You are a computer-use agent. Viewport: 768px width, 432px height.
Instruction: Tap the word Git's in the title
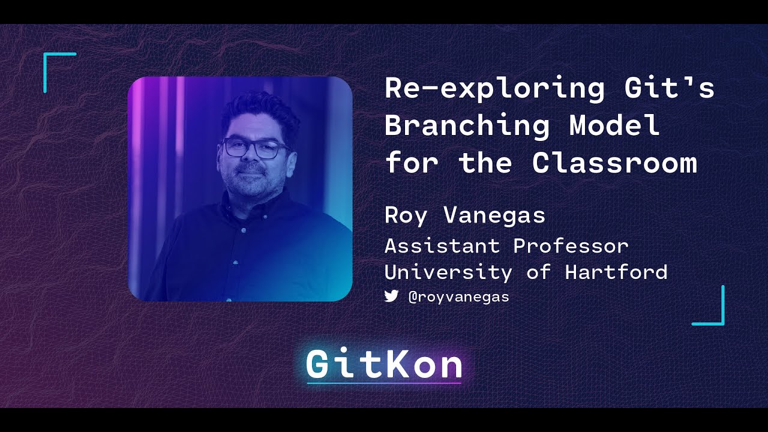coord(669,89)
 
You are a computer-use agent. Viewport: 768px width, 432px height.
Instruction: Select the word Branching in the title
coord(467,126)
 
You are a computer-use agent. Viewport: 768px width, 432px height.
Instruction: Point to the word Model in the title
coord(614,126)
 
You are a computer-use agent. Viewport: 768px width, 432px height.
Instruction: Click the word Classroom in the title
coord(614,163)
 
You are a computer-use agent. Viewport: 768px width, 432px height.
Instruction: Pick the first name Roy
coord(406,215)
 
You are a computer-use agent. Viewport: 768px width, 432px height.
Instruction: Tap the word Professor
coord(571,246)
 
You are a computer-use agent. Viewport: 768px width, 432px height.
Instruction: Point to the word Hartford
coord(616,272)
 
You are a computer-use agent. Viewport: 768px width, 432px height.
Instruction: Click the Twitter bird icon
coord(391,296)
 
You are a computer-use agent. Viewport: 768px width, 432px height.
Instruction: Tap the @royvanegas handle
coord(458,296)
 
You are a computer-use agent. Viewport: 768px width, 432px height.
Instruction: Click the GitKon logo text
coord(384,364)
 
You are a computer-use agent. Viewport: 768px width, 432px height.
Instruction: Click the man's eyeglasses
coord(255,148)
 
